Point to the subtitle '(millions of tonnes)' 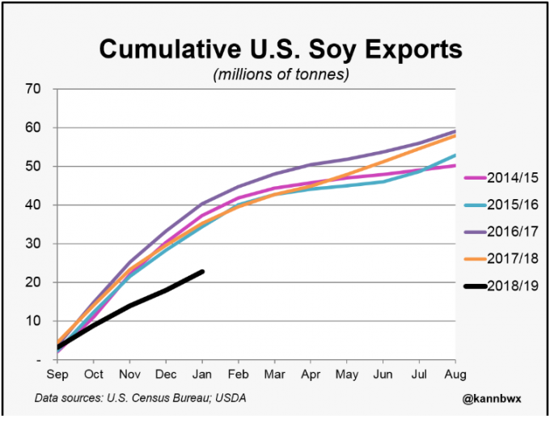(x=280, y=74)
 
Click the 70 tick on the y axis (x=33, y=89)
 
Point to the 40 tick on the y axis (x=33, y=206)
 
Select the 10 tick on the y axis (x=33, y=321)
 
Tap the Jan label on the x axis (x=201, y=375)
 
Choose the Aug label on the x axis (x=455, y=375)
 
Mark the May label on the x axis (x=346, y=375)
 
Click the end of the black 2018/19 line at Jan (x=201, y=271)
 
